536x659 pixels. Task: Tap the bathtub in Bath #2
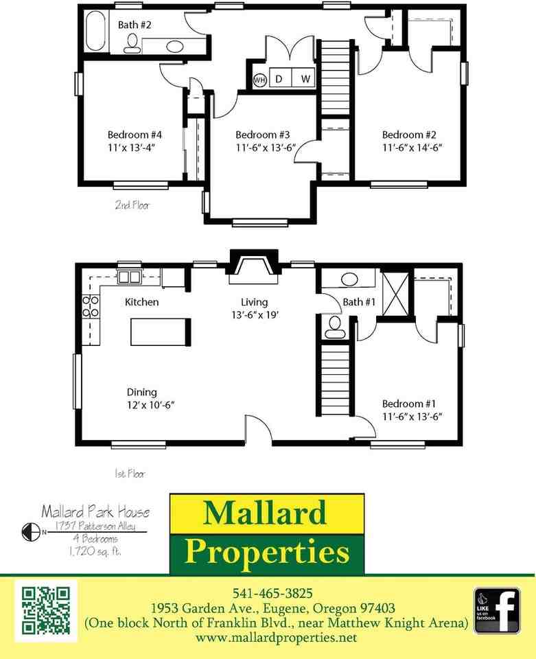click(x=95, y=31)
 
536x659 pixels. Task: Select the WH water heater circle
click(x=259, y=80)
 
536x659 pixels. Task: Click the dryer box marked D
click(x=279, y=79)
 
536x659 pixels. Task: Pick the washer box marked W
click(x=305, y=79)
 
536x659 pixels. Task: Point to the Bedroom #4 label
click(x=135, y=135)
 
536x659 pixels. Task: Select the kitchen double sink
click(x=128, y=277)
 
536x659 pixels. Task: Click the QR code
click(x=46, y=610)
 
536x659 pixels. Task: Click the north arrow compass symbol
click(x=29, y=531)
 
